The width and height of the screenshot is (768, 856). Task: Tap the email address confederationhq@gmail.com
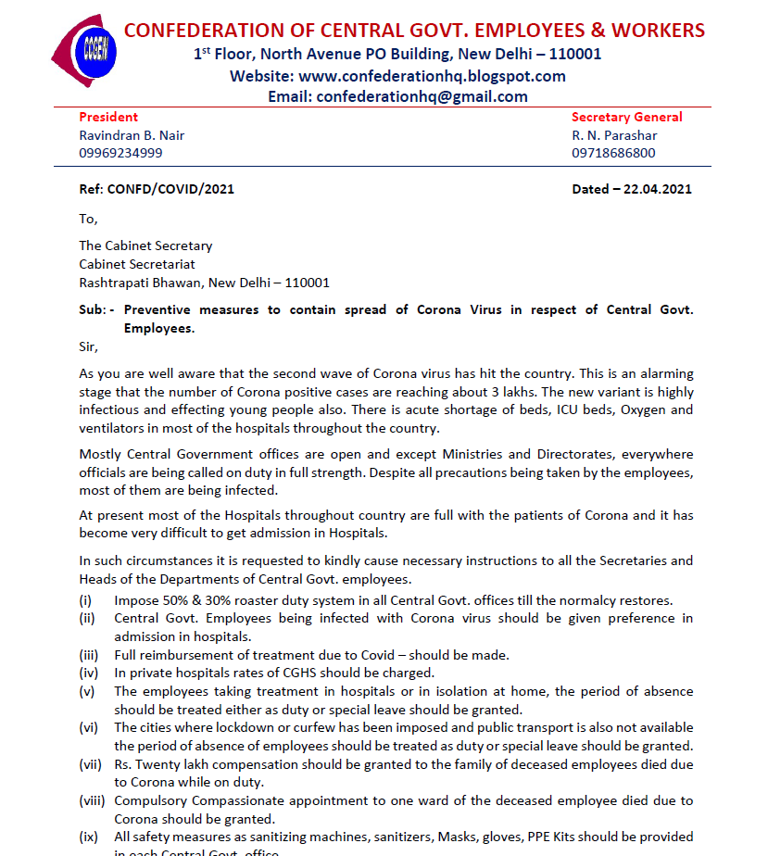click(x=422, y=96)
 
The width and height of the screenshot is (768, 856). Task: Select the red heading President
click(x=108, y=117)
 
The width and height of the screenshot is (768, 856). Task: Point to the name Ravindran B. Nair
click(x=132, y=135)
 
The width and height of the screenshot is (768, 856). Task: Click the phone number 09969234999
click(x=120, y=153)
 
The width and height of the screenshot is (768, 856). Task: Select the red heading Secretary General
click(x=626, y=117)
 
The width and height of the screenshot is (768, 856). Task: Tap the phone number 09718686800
click(x=613, y=153)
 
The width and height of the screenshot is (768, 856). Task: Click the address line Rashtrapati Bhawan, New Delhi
click(x=204, y=283)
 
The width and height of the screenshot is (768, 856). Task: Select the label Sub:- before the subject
click(x=96, y=309)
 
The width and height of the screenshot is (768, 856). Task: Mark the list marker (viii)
click(x=92, y=800)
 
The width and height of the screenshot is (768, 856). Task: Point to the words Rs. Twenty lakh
click(x=158, y=763)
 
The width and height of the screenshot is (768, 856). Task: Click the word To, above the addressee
click(x=88, y=219)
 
